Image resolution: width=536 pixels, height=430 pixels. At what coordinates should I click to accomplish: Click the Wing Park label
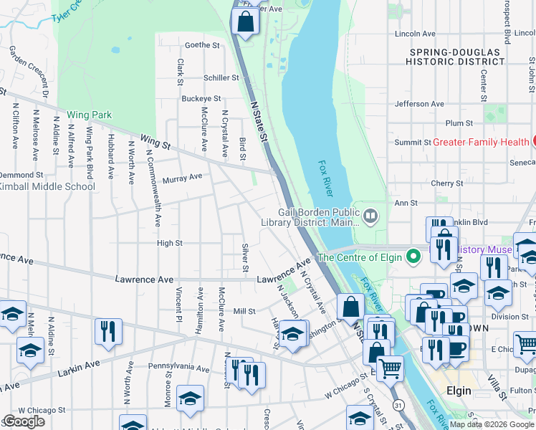pos(90,115)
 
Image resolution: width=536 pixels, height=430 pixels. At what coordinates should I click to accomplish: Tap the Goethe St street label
pos(202,45)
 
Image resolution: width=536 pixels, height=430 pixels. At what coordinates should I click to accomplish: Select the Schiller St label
pos(221,77)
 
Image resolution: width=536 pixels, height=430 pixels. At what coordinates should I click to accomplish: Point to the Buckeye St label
pos(201,99)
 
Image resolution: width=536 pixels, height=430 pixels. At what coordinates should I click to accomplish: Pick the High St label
pos(170,244)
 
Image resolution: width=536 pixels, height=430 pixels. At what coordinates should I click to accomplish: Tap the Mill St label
pos(244,311)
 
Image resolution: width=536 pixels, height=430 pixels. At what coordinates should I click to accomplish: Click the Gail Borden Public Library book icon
pos(370,214)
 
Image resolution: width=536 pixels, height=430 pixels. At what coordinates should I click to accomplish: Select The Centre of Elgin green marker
pos(413,256)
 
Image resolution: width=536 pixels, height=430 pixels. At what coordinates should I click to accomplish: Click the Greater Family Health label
pos(481,142)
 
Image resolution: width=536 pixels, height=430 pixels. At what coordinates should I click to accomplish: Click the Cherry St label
pos(446,184)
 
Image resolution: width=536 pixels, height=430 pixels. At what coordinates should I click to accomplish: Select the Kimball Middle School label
pos(47,187)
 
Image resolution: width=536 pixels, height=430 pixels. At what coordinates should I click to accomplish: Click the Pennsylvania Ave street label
pos(178,366)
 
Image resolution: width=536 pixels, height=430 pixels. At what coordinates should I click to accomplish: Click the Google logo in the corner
pos(24,421)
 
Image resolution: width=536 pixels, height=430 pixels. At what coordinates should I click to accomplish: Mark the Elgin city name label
pos(459,391)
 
